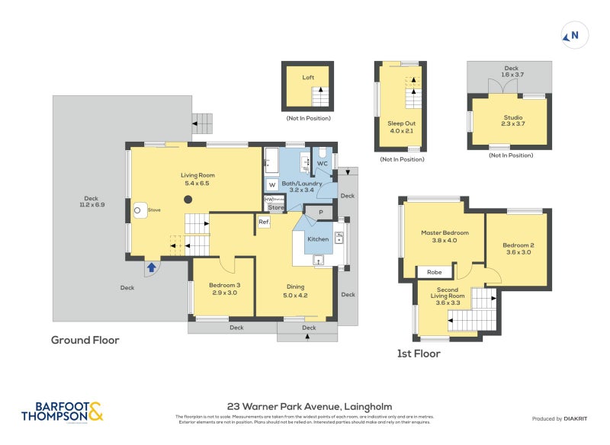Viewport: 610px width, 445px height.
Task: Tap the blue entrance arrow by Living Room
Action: [x=152, y=267]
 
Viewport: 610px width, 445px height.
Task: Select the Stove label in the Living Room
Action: [x=153, y=209]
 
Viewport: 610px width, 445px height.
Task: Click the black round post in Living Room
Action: [x=187, y=200]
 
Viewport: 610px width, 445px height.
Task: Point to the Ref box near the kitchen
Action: [x=264, y=222]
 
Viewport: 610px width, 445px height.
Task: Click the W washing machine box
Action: [x=271, y=184]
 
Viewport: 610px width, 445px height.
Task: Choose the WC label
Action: [x=322, y=164]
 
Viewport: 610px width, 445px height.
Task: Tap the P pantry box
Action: [x=320, y=212]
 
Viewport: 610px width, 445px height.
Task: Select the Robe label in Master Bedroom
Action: [x=435, y=271]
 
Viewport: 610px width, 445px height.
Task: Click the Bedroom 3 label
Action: [x=223, y=288]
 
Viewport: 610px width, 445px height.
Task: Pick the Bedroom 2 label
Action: [x=518, y=249]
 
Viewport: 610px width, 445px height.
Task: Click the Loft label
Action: [x=308, y=78]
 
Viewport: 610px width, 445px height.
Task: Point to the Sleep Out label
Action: [x=402, y=126]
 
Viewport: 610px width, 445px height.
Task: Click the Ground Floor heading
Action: [x=85, y=340]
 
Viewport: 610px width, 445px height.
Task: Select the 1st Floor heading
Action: [x=419, y=354]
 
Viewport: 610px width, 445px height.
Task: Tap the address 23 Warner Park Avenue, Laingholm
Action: [x=310, y=407]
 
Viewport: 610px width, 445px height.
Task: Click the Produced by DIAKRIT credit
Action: [x=563, y=419]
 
